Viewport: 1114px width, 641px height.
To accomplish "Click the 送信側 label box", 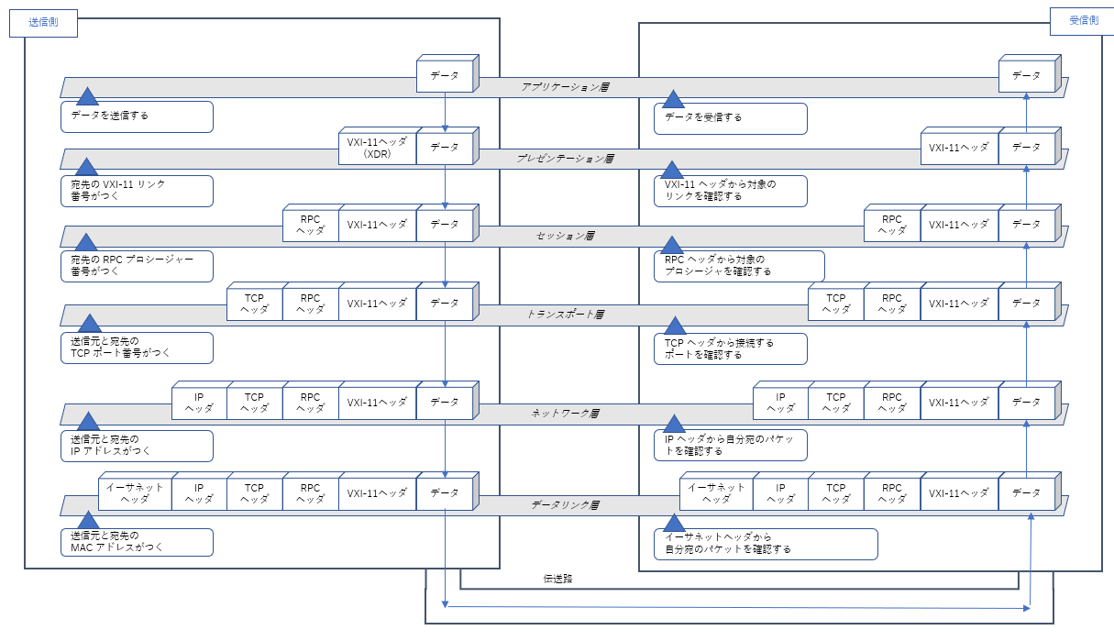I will pyautogui.click(x=43, y=22).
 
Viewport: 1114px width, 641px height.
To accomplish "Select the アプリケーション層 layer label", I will pyautogui.click(x=566, y=87).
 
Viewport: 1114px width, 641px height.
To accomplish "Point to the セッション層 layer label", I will pyautogui.click(x=565, y=237).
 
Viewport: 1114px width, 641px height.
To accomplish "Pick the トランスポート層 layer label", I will pyautogui.click(x=565, y=315).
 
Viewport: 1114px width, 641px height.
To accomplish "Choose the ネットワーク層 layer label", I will pyautogui.click(x=565, y=414).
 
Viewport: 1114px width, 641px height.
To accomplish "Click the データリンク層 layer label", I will pyautogui.click(x=565, y=505).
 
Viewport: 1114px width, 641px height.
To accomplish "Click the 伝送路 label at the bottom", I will pyautogui.click(x=557, y=580).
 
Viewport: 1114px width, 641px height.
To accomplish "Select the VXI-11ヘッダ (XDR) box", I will pyautogui.click(x=377, y=148).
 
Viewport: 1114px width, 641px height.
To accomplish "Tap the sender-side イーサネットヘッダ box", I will pyautogui.click(x=135, y=492).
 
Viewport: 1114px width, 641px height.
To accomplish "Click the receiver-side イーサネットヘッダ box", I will pyautogui.click(x=716, y=492).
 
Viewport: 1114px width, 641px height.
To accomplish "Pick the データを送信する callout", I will pyautogui.click(x=137, y=116).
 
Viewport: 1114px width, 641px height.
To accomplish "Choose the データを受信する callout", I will pyautogui.click(x=730, y=117).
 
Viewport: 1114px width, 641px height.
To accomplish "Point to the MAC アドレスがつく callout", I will pyautogui.click(x=137, y=541).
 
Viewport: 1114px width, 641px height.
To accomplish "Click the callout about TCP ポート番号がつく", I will pyautogui.click(x=137, y=348).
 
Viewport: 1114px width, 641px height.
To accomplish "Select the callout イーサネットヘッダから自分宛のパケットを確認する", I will pyautogui.click(x=765, y=544).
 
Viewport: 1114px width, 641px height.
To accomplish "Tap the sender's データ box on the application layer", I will pyautogui.click(x=445, y=74).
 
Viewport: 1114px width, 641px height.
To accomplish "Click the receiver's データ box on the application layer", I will pyautogui.click(x=1026, y=74).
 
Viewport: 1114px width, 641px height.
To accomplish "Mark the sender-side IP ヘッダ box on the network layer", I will pyautogui.click(x=199, y=403).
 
